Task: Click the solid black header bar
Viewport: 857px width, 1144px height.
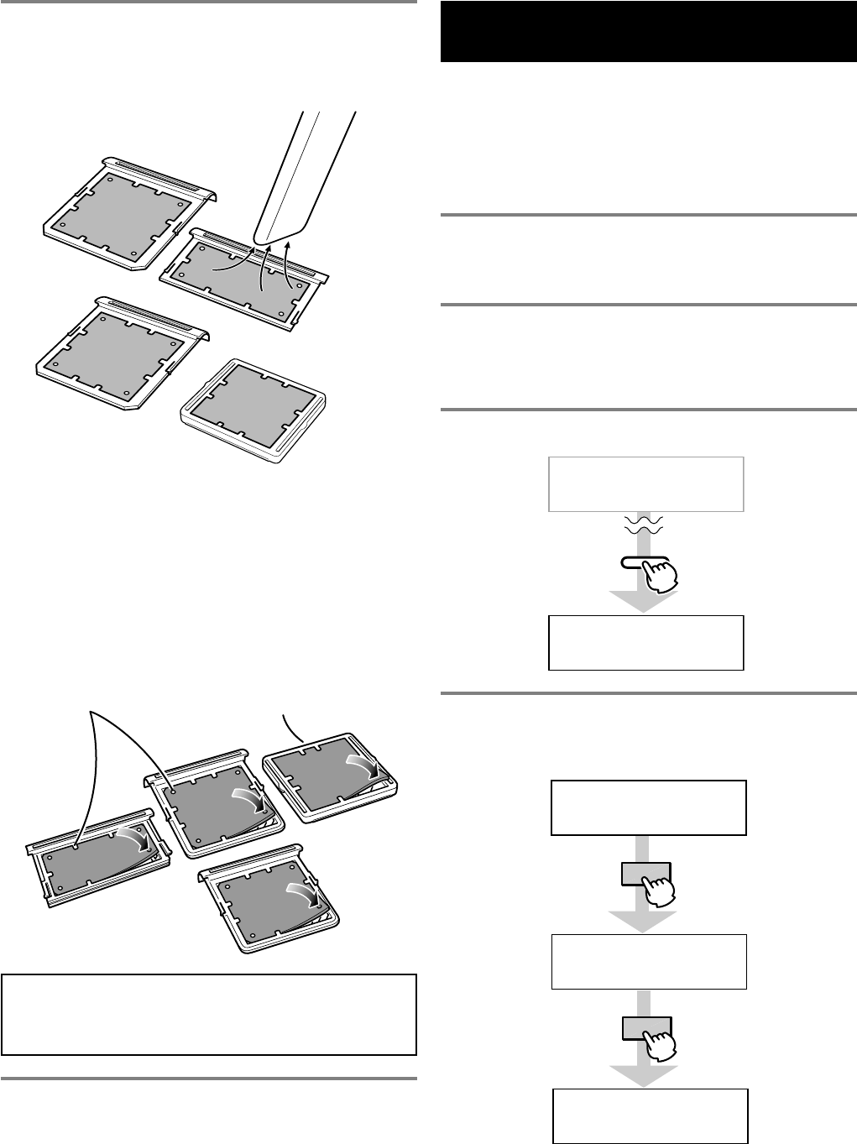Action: pos(648,32)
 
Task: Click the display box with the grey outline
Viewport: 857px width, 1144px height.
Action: pos(645,484)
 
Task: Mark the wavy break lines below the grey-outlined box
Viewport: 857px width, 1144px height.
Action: pos(644,525)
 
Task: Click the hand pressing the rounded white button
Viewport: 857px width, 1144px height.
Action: pos(660,576)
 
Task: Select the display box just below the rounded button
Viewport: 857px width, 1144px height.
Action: pos(645,642)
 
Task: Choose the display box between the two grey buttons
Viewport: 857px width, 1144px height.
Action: pos(648,961)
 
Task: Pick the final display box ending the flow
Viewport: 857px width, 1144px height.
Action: pos(650,1115)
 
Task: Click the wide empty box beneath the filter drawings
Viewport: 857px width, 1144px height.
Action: pos(209,1014)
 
